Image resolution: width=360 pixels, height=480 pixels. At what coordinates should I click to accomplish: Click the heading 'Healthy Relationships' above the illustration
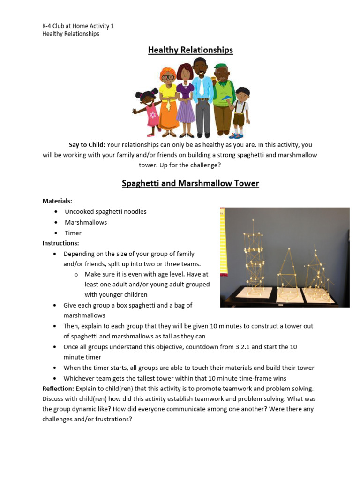[x=190, y=50]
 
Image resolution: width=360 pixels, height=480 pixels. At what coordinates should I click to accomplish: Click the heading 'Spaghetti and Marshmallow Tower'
[x=190, y=183]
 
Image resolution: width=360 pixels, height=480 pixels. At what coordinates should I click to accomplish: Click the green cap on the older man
[x=220, y=66]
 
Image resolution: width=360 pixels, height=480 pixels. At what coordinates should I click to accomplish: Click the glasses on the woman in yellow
[x=168, y=77]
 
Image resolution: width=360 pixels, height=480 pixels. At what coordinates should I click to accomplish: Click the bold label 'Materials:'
[x=57, y=201]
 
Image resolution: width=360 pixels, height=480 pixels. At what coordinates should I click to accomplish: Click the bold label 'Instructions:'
[x=61, y=243]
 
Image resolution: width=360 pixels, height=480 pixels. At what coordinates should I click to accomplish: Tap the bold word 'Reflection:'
[x=58, y=389]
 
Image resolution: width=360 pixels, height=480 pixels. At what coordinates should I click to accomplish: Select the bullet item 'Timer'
[x=73, y=233]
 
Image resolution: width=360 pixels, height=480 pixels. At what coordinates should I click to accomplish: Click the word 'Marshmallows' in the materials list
[x=86, y=222]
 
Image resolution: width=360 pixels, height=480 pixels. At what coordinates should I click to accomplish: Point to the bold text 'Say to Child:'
[x=87, y=145]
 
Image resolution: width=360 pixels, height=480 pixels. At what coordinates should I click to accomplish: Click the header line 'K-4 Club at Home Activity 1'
[x=78, y=26]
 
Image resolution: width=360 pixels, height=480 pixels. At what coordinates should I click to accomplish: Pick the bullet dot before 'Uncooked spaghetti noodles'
[x=56, y=212]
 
